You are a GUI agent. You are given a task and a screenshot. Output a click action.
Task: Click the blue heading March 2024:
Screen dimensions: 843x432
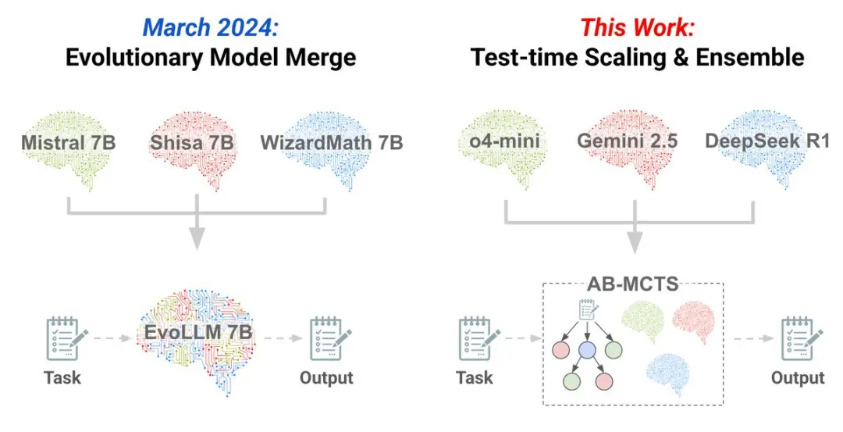tap(211, 27)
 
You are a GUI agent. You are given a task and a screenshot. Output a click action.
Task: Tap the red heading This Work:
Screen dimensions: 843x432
tap(637, 27)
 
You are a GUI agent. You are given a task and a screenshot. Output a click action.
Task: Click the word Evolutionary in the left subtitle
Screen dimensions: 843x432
tap(134, 58)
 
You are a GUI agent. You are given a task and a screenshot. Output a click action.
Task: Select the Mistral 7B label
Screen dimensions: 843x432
tap(68, 142)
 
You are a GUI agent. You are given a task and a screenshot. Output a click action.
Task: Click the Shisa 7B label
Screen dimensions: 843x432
tap(191, 142)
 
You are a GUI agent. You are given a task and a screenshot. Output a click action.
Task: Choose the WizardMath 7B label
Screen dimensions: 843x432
tap(332, 142)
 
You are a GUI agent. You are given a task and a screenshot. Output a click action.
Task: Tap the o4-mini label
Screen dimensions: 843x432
tap(504, 141)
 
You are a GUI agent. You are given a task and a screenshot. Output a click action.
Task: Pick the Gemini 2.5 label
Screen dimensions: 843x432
tap(627, 141)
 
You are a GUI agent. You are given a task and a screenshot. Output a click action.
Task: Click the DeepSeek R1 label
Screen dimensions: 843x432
tap(767, 141)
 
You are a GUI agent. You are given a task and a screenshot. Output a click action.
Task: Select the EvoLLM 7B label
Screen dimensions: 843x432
tap(197, 332)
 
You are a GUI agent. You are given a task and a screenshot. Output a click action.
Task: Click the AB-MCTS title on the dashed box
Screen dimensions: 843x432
tap(632, 283)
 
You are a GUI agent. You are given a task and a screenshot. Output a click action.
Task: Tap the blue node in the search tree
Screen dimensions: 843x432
tap(587, 350)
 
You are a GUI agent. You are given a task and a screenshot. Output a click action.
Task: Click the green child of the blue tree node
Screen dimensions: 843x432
tap(572, 381)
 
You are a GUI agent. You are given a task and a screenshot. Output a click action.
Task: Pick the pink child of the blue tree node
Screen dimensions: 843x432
tap(603, 381)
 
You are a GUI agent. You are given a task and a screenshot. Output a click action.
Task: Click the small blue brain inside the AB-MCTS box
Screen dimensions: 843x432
tap(668, 374)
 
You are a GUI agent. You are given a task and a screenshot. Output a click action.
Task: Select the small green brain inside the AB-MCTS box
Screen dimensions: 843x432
tap(643, 321)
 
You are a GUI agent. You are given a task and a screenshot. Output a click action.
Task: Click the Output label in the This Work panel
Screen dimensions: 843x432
tap(797, 377)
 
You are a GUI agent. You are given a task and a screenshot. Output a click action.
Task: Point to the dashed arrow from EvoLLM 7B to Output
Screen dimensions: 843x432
tap(283, 338)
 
